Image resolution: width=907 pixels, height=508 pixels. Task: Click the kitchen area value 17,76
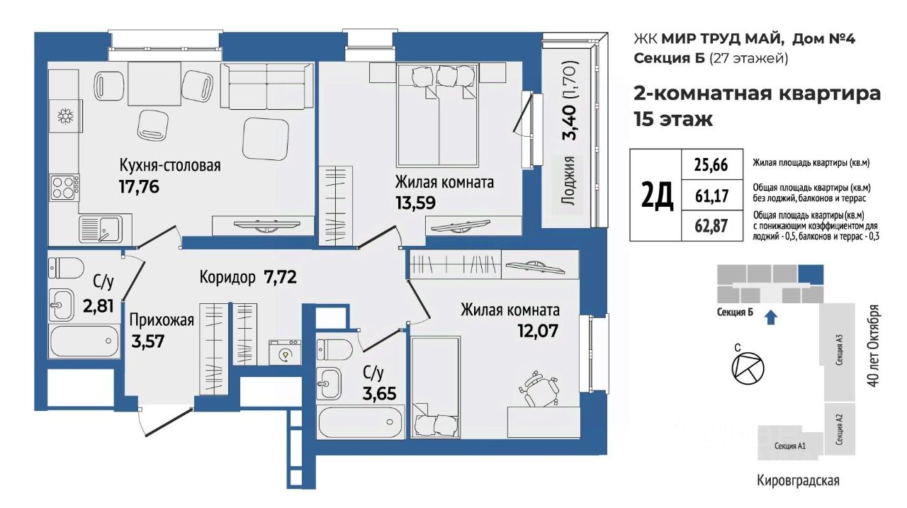pos(139,186)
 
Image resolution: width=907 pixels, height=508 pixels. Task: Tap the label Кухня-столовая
pos(169,166)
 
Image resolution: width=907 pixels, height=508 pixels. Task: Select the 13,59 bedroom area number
pos(415,203)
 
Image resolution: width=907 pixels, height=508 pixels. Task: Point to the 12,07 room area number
pos(538,331)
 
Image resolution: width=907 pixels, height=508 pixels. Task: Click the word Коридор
pos(227,277)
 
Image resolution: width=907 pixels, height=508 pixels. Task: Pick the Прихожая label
pos(162,320)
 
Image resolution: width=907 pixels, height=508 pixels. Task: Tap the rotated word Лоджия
pos(569,181)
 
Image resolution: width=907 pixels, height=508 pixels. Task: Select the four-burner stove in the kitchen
pos(64,188)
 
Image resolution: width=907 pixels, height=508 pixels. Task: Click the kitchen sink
pos(101,229)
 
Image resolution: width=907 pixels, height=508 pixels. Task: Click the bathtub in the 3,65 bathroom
pos(361,422)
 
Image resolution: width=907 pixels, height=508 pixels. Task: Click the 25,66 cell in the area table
pos(712,165)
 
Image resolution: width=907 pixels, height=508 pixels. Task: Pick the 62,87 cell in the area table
pos(712,225)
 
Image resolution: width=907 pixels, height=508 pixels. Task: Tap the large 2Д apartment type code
pos(657,195)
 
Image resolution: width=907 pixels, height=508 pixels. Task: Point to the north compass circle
pos(748,368)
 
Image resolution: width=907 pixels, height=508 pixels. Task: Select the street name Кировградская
pos(798,480)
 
